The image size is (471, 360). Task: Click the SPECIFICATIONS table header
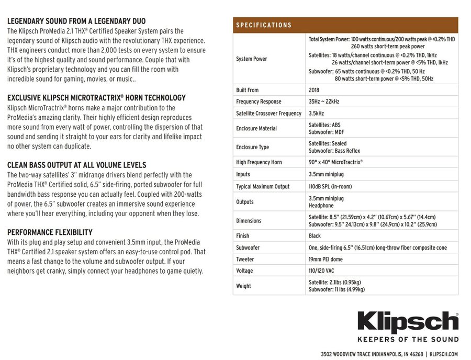tap(264, 25)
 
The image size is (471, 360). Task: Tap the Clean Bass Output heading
tap(76, 165)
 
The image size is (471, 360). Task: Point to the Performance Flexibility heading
tap(50, 232)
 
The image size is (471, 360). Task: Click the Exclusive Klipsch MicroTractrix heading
tap(96, 98)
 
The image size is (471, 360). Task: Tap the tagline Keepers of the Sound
tap(408, 340)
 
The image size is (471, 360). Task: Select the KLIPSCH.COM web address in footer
tap(443, 354)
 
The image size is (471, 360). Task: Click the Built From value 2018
tap(314, 90)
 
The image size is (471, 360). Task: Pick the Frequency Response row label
tap(259, 102)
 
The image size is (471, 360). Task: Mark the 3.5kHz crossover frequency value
tap(316, 113)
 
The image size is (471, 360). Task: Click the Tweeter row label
tap(245, 259)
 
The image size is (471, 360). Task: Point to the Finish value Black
tap(315, 236)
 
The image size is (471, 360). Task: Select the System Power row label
tap(252, 59)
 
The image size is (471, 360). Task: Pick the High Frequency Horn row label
tap(259, 162)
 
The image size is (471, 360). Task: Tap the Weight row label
tap(243, 286)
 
